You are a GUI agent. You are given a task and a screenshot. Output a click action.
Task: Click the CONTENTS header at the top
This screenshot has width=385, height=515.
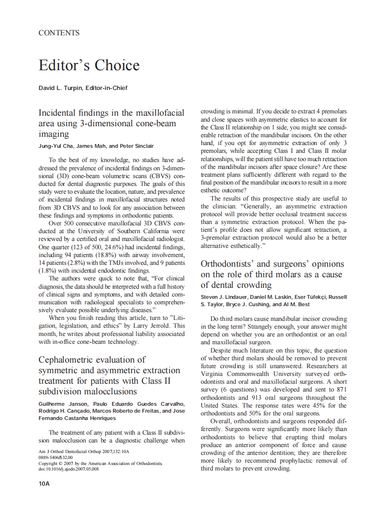point(59,33)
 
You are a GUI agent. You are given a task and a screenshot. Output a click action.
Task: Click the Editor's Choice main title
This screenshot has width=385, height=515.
point(89,65)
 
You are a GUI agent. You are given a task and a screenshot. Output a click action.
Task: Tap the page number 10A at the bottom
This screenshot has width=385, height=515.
point(44,483)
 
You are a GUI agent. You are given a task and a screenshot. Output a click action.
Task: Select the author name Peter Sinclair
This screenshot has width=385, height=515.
point(136,146)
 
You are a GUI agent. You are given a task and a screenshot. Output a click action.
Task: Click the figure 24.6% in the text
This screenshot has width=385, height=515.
point(102,247)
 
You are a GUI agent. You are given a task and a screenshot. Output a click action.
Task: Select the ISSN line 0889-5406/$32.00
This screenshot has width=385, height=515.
point(56,458)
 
